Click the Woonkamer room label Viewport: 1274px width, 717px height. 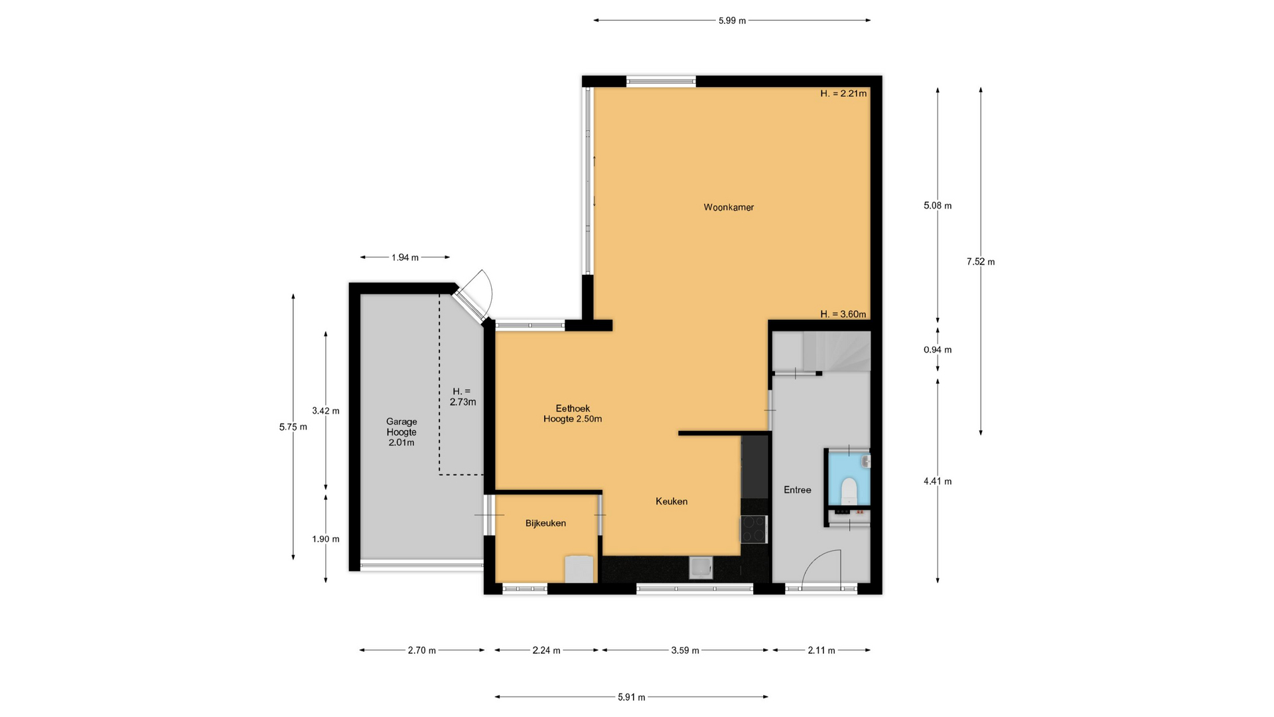point(729,207)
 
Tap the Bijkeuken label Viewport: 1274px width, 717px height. point(545,523)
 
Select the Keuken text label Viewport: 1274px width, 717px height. point(672,501)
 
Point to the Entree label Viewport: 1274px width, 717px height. point(797,490)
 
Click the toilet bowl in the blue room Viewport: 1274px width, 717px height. point(849,491)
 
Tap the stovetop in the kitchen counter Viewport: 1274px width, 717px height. point(753,530)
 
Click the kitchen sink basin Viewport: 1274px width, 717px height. point(701,568)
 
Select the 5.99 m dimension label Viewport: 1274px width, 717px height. point(732,21)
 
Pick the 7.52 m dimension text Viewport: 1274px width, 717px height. point(981,262)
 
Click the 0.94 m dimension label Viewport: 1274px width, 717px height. point(938,350)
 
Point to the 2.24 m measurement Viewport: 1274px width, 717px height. point(547,651)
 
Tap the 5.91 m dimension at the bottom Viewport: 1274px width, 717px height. point(632,697)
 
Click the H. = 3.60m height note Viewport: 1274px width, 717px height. point(843,315)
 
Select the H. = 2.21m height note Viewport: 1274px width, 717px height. point(843,94)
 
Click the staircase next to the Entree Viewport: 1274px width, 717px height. point(836,351)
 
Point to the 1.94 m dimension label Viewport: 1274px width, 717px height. point(405,258)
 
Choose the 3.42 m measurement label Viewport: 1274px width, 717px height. point(326,411)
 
